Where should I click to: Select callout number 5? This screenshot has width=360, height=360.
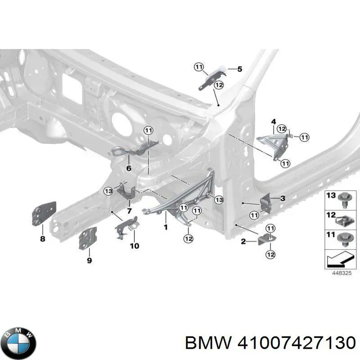point(240,69)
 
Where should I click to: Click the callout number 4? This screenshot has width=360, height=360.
point(274,121)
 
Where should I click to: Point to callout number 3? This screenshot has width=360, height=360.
point(283,198)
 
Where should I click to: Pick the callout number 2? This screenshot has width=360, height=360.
point(243,241)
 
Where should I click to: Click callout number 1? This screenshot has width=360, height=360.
point(166,227)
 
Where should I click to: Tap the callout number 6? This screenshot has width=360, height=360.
point(129,168)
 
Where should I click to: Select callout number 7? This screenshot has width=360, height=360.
point(129,210)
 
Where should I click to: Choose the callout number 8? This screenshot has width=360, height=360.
point(43,239)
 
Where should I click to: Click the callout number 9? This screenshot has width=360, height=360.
point(89,260)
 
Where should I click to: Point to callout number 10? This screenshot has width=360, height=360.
point(135,246)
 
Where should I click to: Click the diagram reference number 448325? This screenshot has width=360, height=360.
point(342,273)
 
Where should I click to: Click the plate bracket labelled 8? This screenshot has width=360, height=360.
point(44,213)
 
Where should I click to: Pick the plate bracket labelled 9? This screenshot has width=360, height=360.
point(87,238)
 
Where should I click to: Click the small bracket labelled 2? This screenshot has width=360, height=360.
point(266,239)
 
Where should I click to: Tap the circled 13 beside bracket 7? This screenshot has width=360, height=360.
point(108,191)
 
